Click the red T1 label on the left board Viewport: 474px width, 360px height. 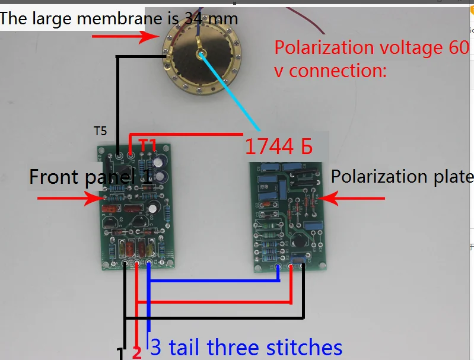[x=148, y=144]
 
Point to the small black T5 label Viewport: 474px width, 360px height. [x=101, y=130]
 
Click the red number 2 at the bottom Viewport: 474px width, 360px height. [x=136, y=353]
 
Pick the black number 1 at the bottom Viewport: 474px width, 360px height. [x=120, y=354]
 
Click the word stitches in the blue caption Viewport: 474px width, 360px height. [x=304, y=347]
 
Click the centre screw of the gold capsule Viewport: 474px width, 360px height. [x=202, y=55]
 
